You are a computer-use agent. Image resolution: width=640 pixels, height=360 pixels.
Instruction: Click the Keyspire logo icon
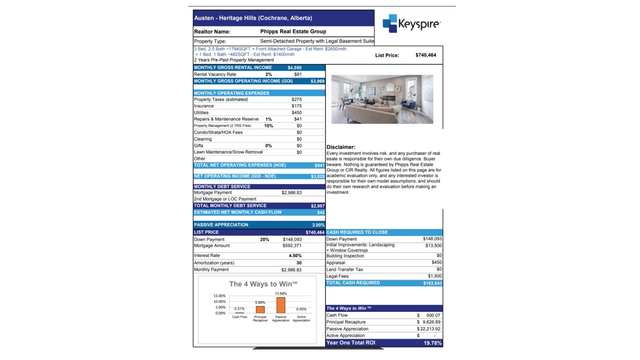[x=389, y=23]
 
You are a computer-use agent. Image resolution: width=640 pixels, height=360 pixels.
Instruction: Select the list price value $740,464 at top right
[x=425, y=55]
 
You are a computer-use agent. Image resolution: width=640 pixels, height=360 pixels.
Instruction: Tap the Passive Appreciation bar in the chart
[x=280, y=305]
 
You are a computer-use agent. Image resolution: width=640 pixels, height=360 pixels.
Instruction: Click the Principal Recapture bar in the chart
[x=260, y=309]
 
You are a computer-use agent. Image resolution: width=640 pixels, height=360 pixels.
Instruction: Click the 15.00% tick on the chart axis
[x=220, y=296]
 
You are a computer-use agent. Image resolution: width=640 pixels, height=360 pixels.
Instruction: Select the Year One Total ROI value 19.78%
[x=432, y=343]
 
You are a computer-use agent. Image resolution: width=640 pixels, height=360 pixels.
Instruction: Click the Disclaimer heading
[x=340, y=147]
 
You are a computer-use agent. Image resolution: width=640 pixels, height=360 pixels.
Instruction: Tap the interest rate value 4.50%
[x=295, y=255]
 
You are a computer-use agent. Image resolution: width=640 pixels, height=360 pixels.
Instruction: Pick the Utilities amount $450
[x=296, y=112]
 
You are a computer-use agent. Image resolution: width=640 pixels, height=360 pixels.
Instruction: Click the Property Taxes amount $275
[x=296, y=99]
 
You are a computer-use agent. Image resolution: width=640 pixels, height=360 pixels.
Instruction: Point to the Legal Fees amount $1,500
[x=434, y=276]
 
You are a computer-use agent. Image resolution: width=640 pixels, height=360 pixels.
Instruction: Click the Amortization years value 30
[x=298, y=262]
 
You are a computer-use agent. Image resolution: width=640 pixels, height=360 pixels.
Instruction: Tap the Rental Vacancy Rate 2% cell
[x=268, y=74]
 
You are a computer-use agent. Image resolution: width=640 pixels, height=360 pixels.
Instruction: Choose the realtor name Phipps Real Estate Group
[x=293, y=31]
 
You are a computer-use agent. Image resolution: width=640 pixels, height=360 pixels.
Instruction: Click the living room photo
[x=382, y=99]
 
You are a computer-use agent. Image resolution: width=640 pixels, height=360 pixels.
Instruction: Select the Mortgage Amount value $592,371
[x=292, y=245]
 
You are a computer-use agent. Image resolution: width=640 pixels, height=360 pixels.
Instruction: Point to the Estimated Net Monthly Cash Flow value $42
[x=320, y=212]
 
